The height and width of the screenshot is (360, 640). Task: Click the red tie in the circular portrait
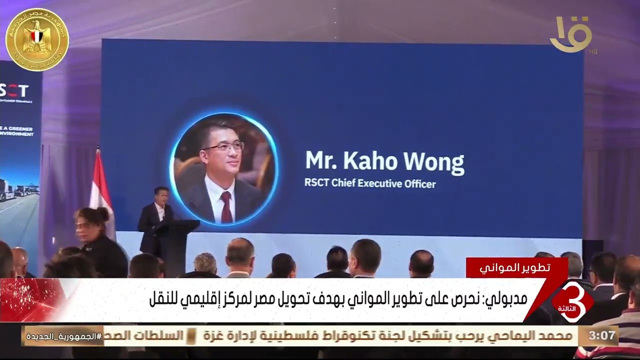[x=226, y=205]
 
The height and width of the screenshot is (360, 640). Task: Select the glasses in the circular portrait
[x=223, y=146]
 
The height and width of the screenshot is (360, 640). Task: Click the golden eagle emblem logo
[x=37, y=39]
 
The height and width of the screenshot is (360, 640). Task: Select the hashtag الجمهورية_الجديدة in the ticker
[x=62, y=336]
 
